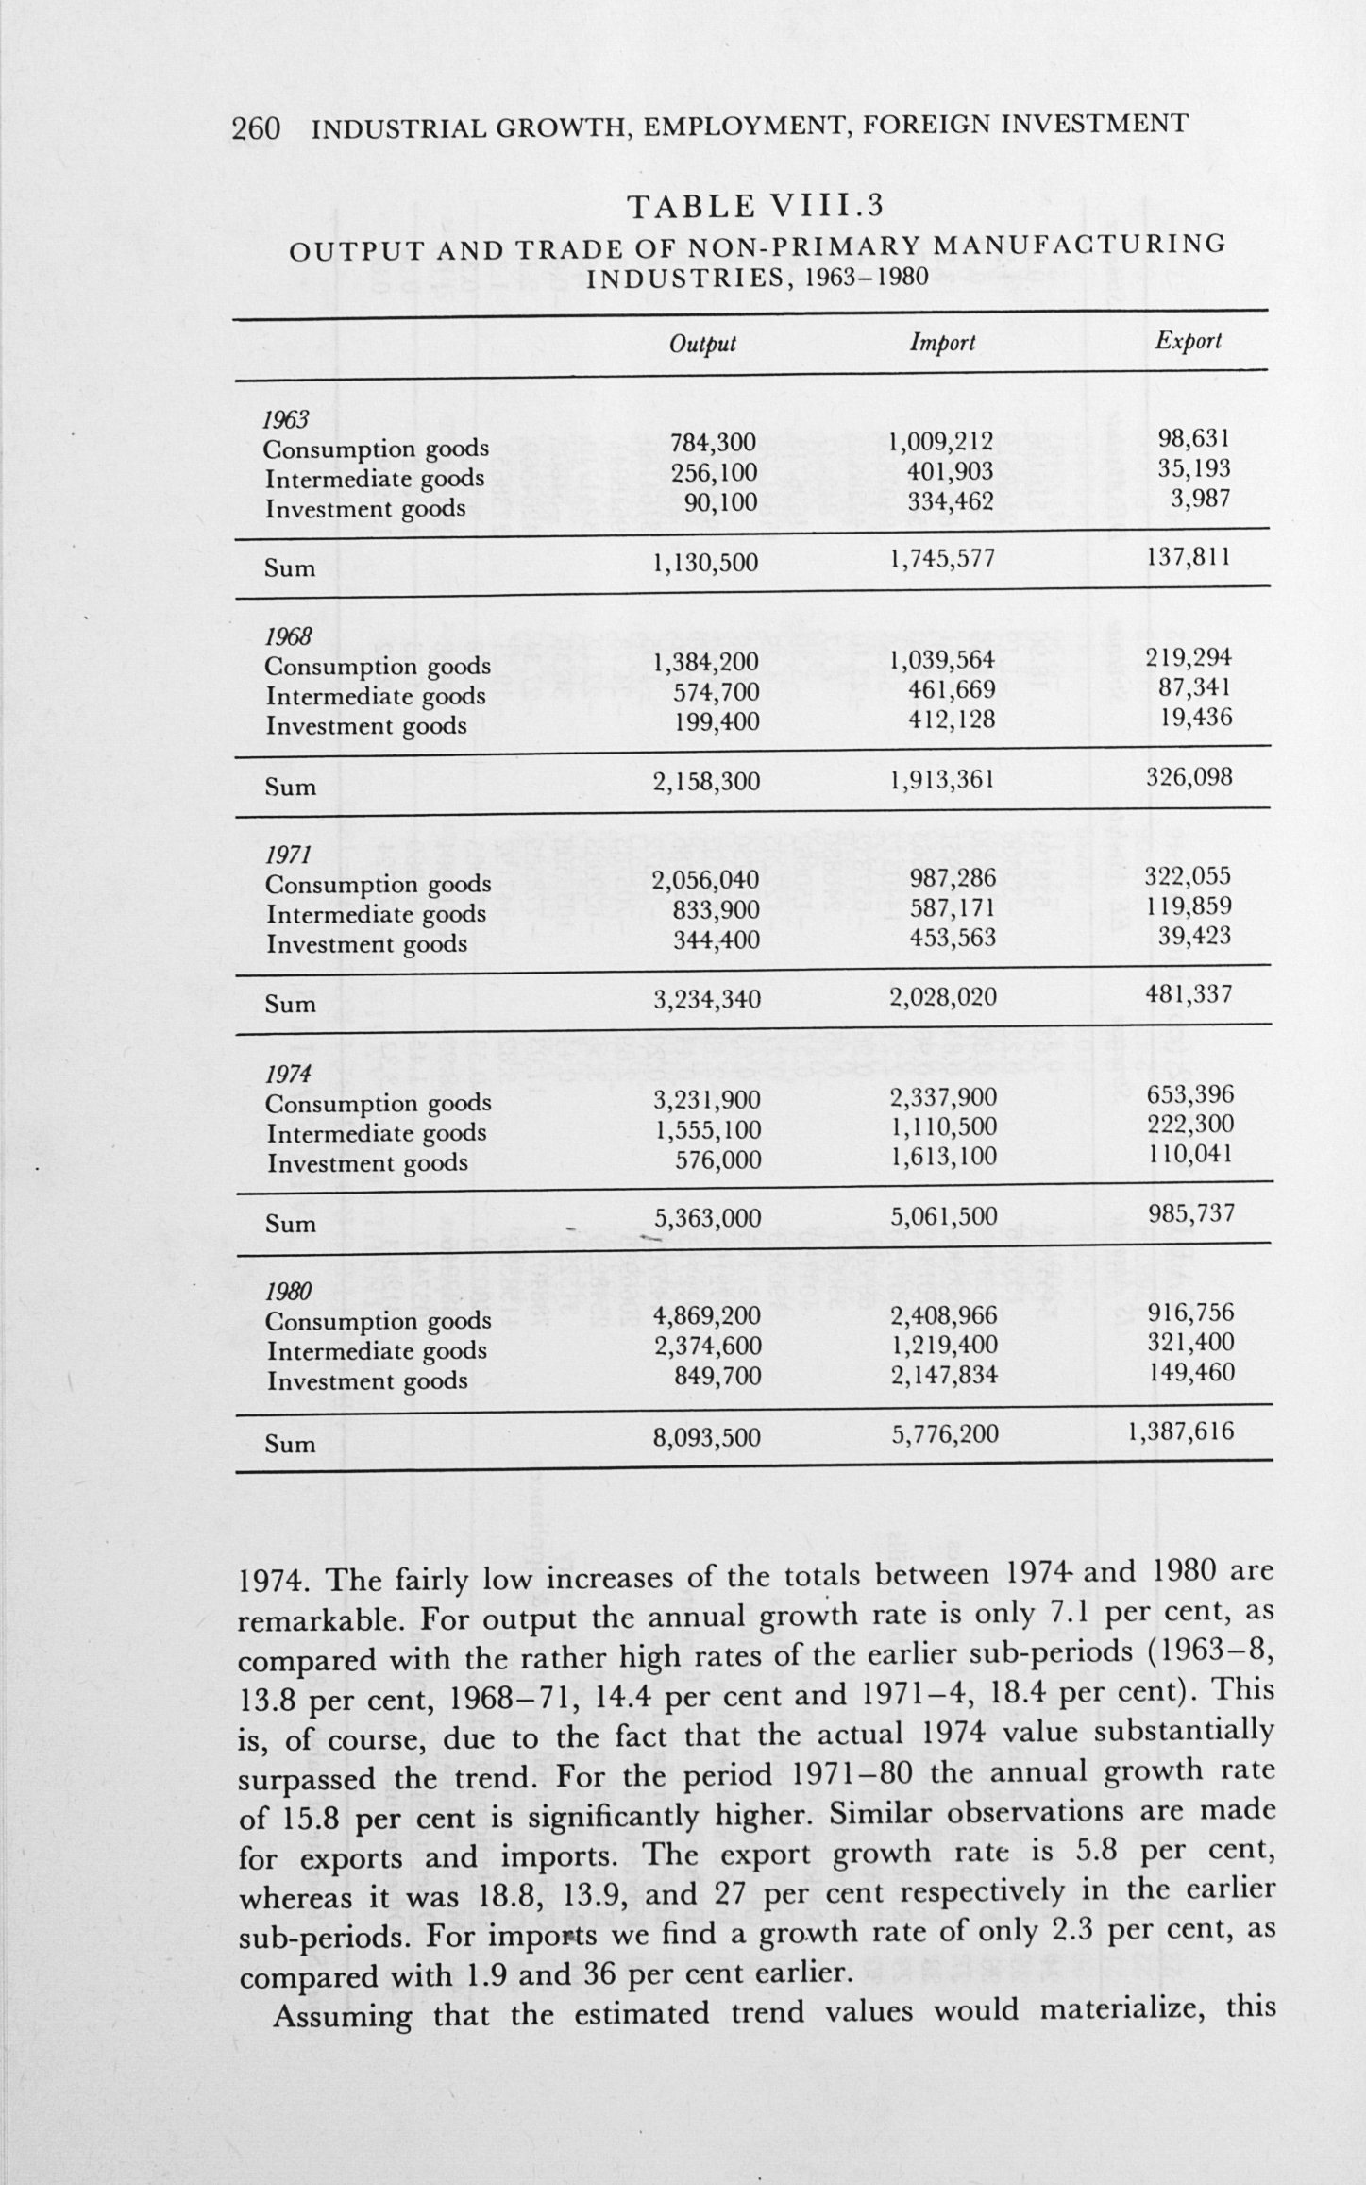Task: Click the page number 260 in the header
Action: point(256,127)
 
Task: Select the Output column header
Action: point(701,344)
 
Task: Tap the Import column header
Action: point(941,343)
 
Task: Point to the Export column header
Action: point(1189,341)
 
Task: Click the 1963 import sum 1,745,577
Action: point(942,560)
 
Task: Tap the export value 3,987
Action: point(1201,498)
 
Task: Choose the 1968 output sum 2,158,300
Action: point(706,782)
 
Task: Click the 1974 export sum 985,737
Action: point(1189,1213)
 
